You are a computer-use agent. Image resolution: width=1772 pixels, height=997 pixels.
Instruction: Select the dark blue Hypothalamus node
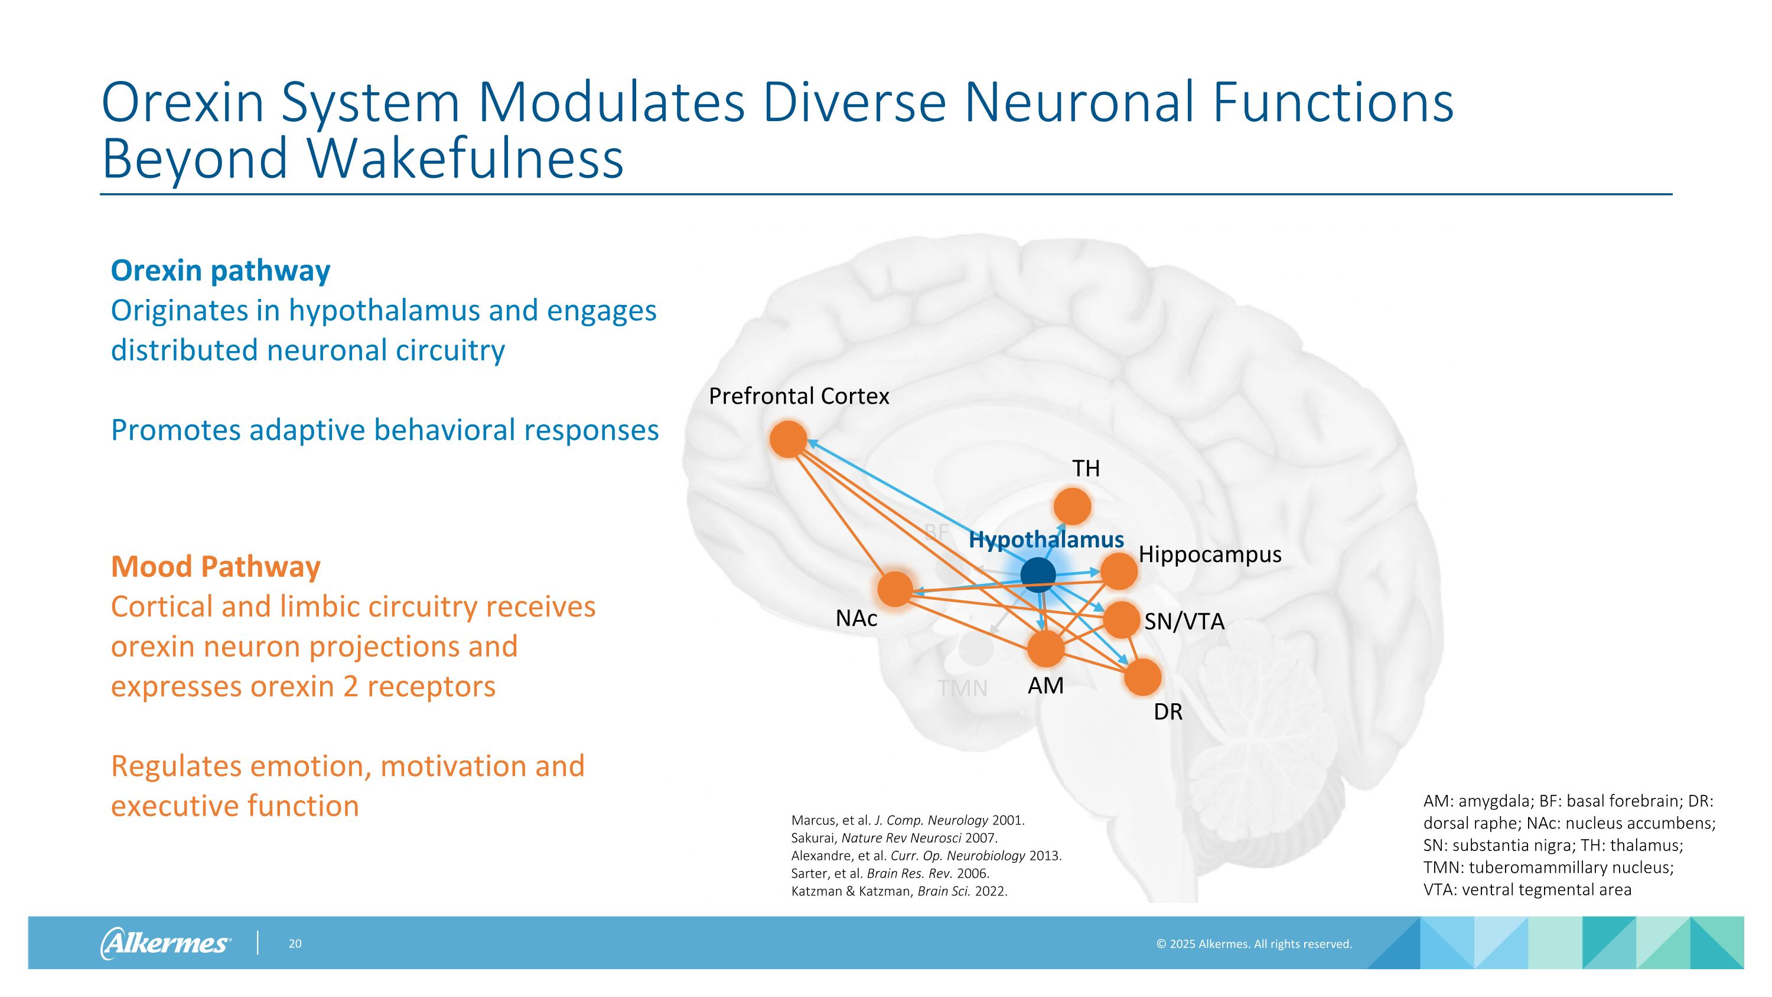[1037, 574]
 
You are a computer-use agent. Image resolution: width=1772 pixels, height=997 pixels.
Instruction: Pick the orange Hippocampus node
[1119, 570]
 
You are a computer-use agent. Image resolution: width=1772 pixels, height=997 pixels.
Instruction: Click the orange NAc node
[895, 589]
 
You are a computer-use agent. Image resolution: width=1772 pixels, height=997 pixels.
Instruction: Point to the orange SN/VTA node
[1122, 619]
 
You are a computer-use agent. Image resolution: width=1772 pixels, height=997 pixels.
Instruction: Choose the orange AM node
[1045, 649]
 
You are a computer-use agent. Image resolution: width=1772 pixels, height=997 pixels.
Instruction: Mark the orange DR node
[1142, 677]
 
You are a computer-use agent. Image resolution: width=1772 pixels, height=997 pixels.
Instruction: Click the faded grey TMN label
[962, 688]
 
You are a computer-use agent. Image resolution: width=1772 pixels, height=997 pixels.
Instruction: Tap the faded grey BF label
[936, 532]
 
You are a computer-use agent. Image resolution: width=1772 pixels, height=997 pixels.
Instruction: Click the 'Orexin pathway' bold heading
[220, 271]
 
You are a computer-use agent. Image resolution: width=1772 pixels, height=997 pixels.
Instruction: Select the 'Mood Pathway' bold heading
[216, 567]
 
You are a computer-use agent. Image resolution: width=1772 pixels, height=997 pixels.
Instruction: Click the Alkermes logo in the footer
[165, 943]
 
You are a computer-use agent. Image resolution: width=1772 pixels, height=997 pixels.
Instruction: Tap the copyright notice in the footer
[1254, 944]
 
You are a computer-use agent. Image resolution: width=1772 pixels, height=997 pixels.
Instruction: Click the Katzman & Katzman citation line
[899, 892]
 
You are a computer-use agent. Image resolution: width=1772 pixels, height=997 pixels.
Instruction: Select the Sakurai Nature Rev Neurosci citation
[894, 838]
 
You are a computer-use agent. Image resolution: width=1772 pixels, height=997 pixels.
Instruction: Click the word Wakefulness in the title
[465, 158]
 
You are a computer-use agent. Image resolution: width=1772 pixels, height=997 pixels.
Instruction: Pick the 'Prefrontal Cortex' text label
[799, 397]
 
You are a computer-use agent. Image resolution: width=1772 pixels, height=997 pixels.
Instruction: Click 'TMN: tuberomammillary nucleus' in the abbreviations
[1548, 867]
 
